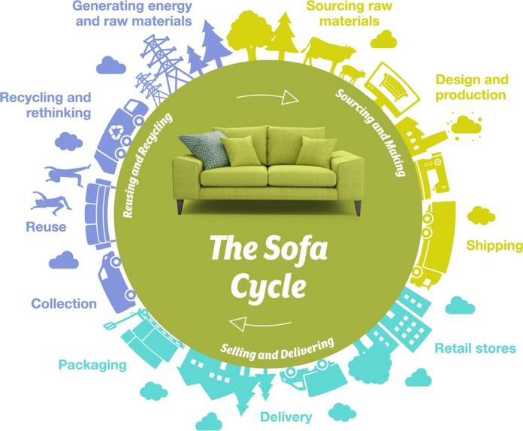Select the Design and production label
point(470,87)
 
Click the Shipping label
point(494,245)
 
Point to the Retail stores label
point(475,348)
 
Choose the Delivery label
point(286,416)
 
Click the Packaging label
point(92,366)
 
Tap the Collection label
point(64,304)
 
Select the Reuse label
point(47,226)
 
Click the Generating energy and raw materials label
point(133,13)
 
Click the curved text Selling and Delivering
point(277,348)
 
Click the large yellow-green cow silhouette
point(328,54)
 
